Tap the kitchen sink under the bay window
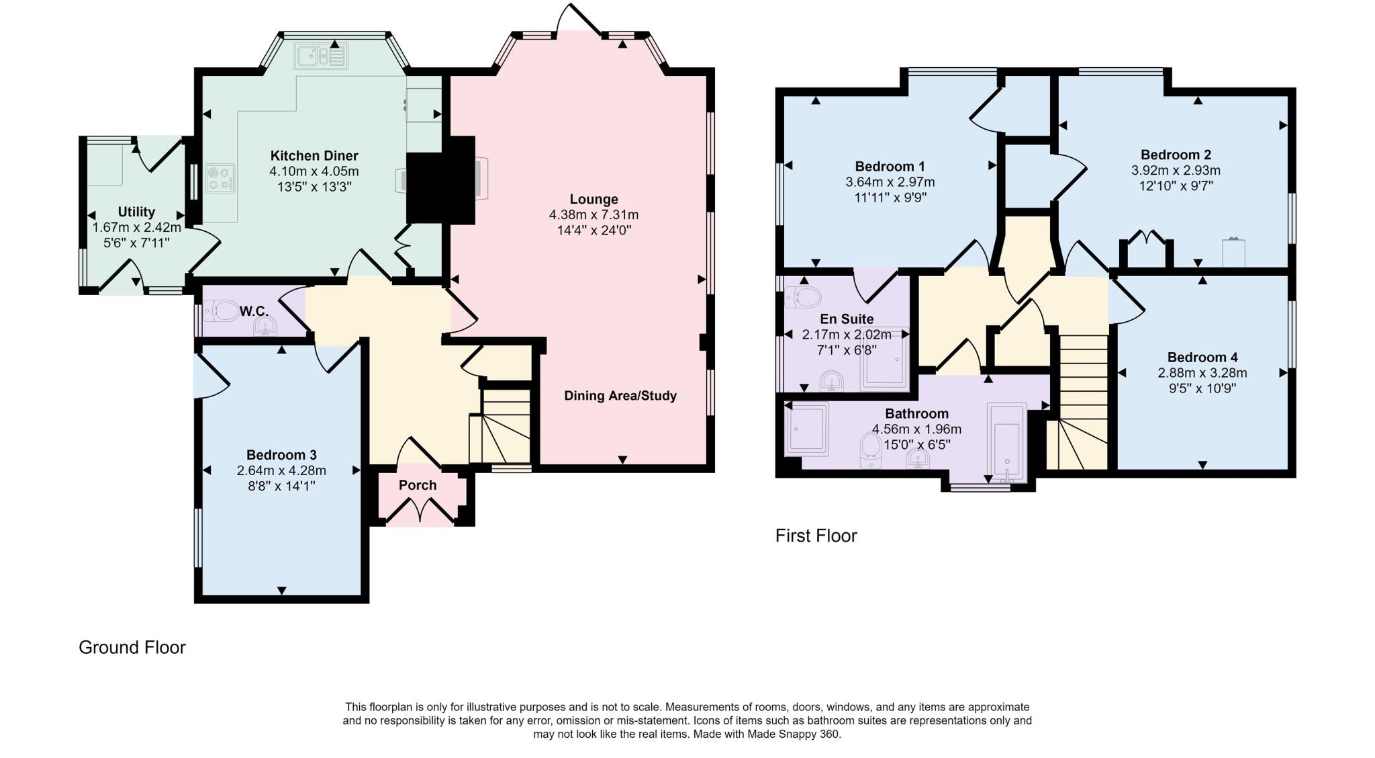[x=320, y=56]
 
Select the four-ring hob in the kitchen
[x=220, y=179]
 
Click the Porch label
[x=417, y=485]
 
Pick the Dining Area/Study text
[x=620, y=396]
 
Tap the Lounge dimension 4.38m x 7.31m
[x=594, y=215]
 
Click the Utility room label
[x=136, y=212]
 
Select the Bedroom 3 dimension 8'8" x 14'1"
[x=281, y=486]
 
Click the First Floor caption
[x=816, y=536]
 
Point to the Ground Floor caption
[x=132, y=647]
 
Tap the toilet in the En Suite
[x=804, y=296]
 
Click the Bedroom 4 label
[x=1202, y=357]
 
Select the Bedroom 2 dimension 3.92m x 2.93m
[x=1175, y=171]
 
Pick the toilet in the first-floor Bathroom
[x=870, y=450]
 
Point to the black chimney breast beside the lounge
[x=440, y=180]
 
